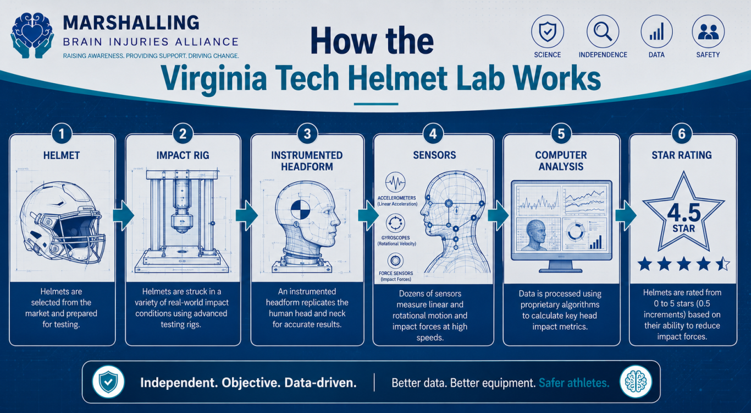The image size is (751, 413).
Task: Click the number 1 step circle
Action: coord(62,134)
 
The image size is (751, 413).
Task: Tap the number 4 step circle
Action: coord(433,134)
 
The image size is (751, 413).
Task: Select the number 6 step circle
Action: coord(682,134)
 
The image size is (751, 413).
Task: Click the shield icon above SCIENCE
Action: coord(548,32)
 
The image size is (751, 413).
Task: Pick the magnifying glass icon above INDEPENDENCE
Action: coord(603,32)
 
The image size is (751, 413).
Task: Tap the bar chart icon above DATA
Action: coord(656,32)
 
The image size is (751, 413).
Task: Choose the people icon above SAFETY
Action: coord(708,32)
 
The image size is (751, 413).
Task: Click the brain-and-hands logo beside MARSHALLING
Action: coord(32,35)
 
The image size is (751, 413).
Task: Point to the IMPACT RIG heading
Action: coord(183,155)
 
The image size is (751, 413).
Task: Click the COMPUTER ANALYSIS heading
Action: coord(561,160)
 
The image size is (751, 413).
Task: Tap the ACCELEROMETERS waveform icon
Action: coord(395,183)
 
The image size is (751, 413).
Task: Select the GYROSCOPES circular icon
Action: coord(395,223)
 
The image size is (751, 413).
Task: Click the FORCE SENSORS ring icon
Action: coord(395,261)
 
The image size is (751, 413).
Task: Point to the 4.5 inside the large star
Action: coord(683,213)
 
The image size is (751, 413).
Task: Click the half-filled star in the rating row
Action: coord(723,264)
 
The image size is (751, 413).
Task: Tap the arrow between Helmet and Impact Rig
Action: coord(123,215)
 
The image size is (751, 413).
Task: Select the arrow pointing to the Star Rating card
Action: coord(626,215)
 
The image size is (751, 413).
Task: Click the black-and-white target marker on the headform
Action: coord(300,209)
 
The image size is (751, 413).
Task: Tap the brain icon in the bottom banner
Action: coord(636,382)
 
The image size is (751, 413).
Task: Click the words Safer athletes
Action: coord(574,383)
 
